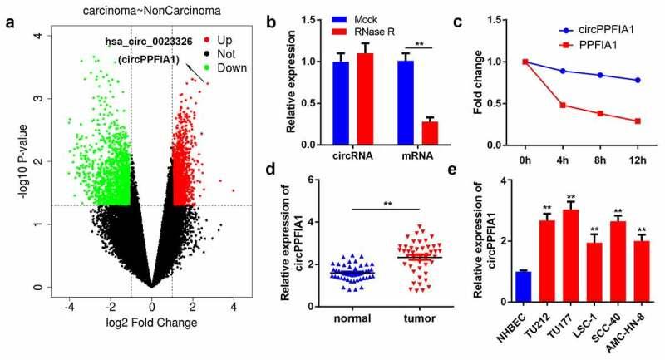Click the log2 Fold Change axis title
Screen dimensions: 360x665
[x=151, y=323]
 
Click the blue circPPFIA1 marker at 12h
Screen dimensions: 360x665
[x=637, y=80]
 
